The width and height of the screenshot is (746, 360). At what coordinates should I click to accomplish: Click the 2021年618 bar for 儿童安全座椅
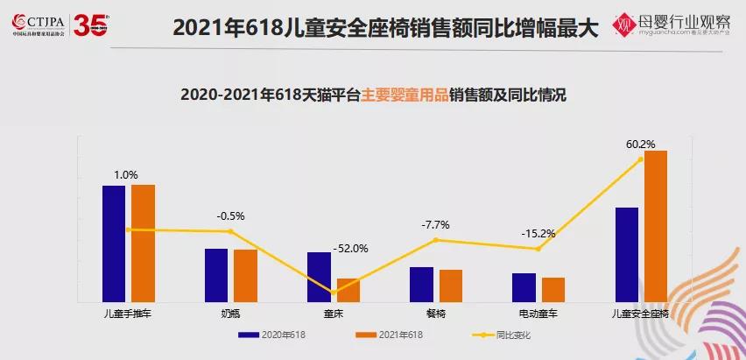click(x=656, y=226)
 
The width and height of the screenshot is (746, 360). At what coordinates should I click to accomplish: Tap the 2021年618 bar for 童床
click(x=348, y=290)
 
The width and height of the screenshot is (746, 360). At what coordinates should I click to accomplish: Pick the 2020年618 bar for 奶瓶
click(x=216, y=275)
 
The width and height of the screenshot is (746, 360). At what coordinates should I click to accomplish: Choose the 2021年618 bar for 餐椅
click(x=451, y=286)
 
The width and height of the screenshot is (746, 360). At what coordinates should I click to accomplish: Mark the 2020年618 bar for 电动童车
click(x=524, y=287)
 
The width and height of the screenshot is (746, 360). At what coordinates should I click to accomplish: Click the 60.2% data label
click(x=641, y=144)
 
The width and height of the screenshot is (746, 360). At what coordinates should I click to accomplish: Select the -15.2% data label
click(x=538, y=234)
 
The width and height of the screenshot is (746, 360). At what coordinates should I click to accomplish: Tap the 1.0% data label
click(x=126, y=175)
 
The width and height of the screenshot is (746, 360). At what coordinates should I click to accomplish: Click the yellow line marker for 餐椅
click(x=435, y=240)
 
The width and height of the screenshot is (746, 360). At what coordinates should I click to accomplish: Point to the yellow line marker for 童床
click(x=334, y=293)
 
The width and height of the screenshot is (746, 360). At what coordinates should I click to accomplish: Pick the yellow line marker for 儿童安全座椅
click(x=641, y=159)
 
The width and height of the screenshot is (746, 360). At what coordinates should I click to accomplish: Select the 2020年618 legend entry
click(x=272, y=335)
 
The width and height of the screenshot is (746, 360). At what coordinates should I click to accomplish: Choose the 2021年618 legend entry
click(x=390, y=335)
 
